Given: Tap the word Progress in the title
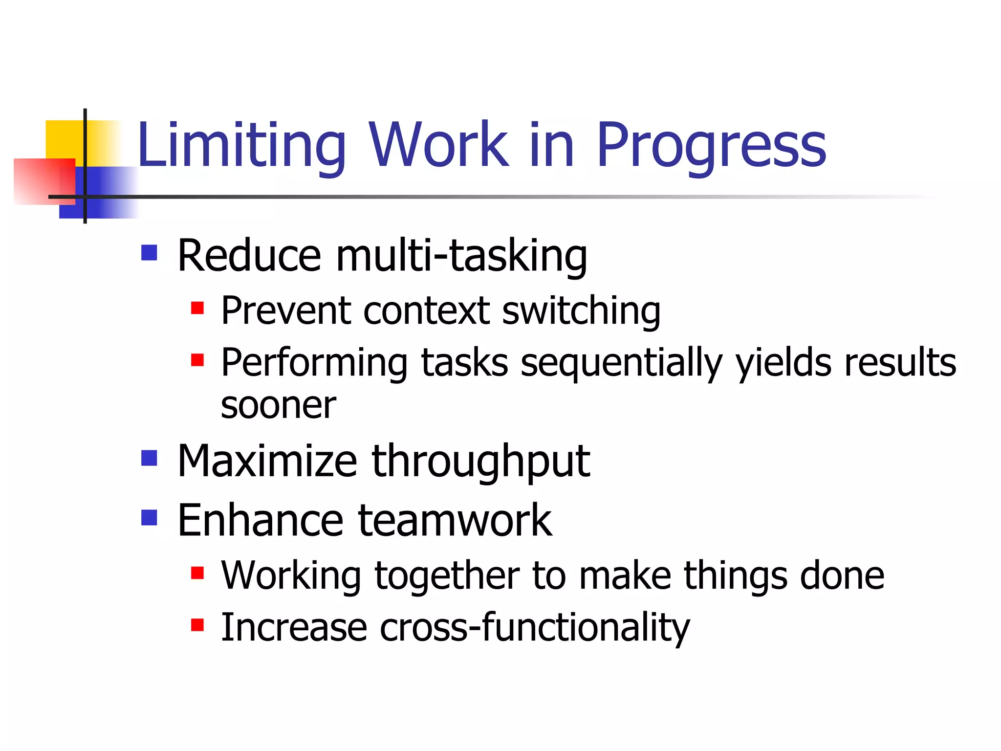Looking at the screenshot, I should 711,145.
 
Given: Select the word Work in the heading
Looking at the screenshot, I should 438,145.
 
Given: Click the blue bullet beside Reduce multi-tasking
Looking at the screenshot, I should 149,253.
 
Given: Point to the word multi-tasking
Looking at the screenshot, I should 461,256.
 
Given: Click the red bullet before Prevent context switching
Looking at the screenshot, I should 197,308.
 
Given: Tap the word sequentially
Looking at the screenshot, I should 621,363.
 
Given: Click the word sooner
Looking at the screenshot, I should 278,405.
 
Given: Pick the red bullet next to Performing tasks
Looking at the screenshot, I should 197,360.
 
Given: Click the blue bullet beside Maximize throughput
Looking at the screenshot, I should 149,458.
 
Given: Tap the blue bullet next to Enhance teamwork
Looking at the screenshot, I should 149,517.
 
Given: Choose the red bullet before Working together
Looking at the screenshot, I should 197,573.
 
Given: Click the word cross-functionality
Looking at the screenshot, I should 535,628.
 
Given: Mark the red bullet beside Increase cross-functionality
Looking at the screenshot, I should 197,625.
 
